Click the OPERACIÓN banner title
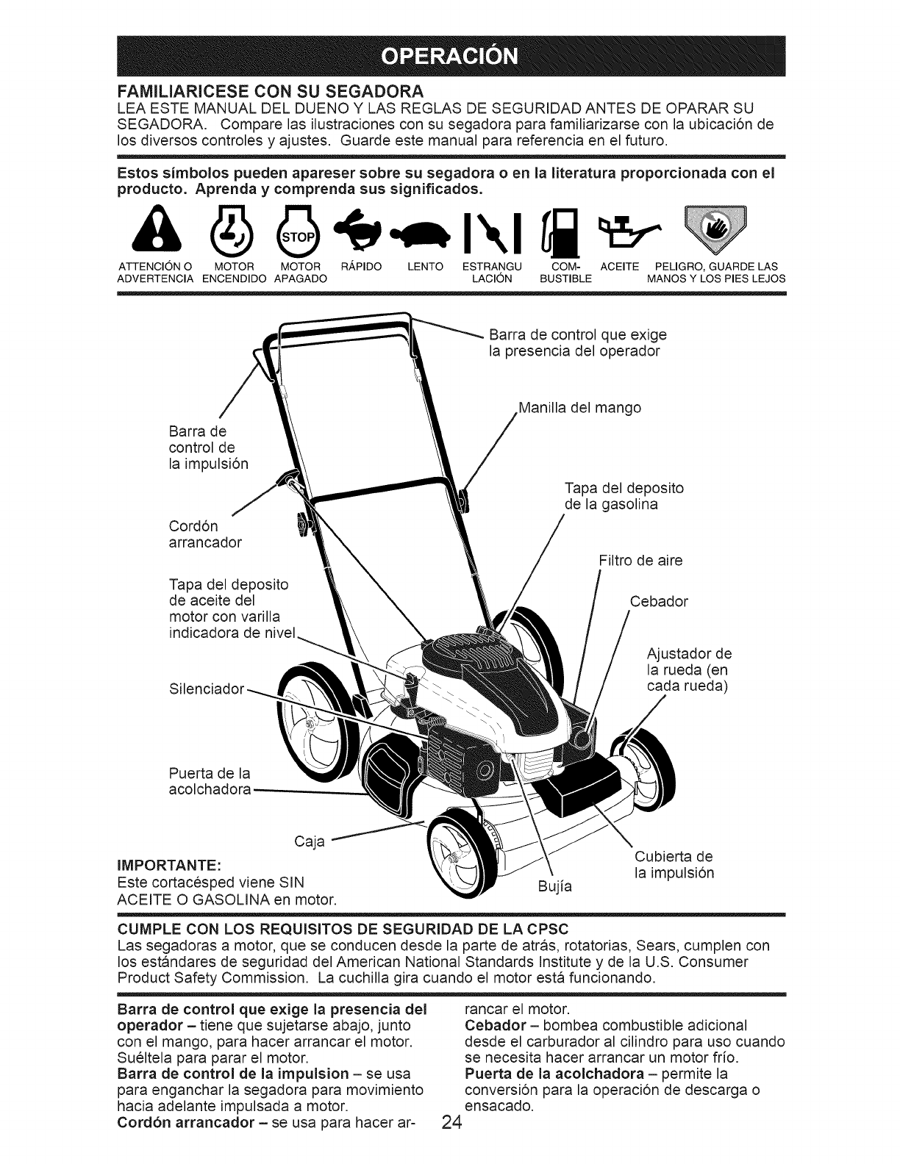click(450, 56)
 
